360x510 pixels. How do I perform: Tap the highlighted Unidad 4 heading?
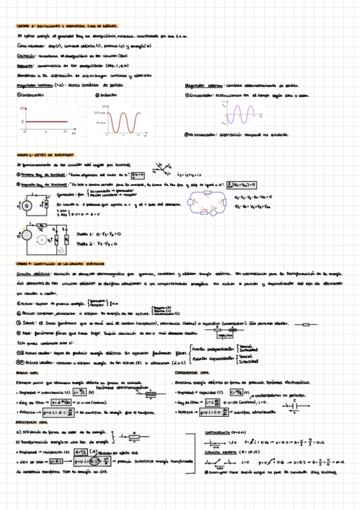click(60, 264)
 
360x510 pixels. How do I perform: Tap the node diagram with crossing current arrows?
click(161, 168)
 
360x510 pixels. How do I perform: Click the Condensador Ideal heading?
click(189, 373)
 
